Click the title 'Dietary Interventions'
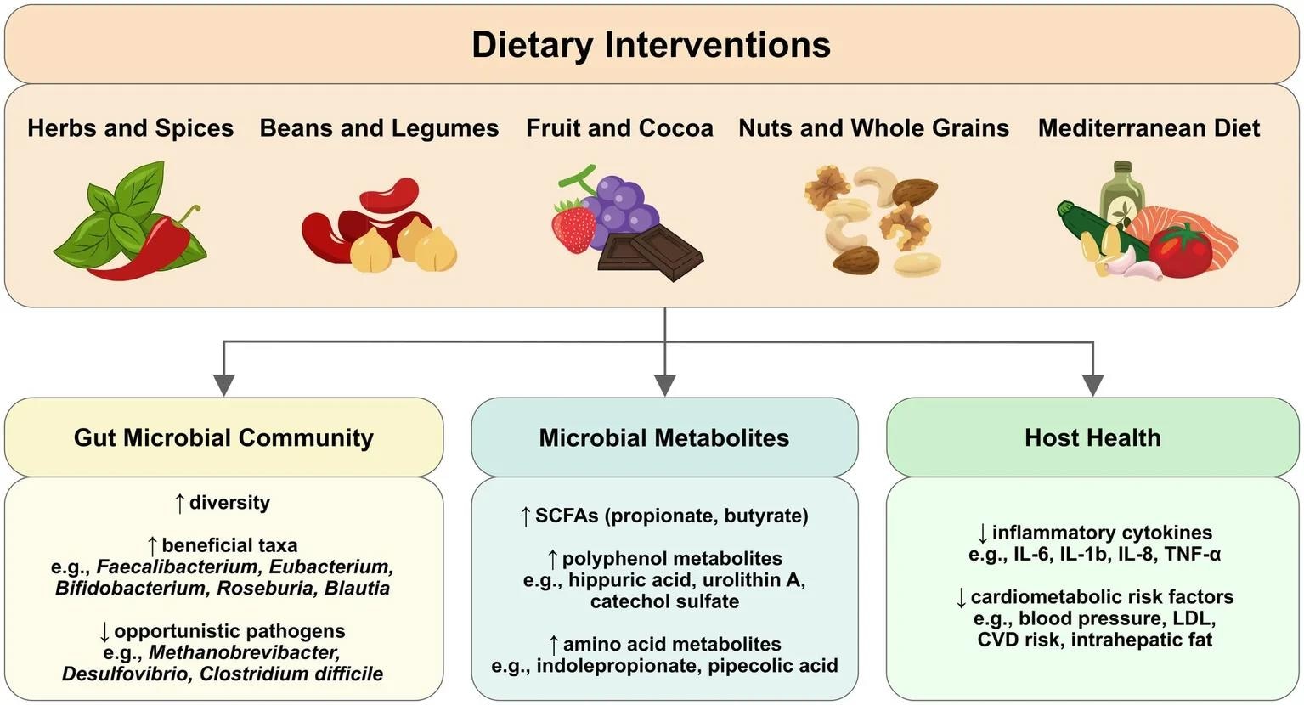[652, 45]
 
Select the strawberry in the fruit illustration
[573, 225]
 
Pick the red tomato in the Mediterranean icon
[1181, 251]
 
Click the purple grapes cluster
[624, 204]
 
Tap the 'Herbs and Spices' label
[130, 128]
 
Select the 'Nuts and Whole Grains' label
[873, 128]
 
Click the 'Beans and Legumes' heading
[379, 128]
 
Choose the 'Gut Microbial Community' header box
[223, 437]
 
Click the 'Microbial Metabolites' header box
[664, 437]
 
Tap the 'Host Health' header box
[1092, 437]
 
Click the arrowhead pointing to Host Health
[1092, 385]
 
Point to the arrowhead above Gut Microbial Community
[223, 385]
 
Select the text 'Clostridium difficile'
[291, 674]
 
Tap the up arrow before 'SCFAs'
[525, 516]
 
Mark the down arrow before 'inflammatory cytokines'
[983, 533]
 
